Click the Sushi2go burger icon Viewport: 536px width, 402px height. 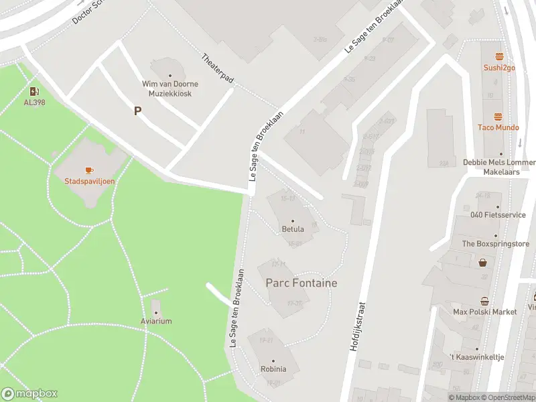pyautogui.click(x=498, y=56)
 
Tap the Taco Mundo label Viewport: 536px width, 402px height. pyautogui.click(x=498, y=127)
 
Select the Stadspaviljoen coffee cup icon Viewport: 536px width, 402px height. pyautogui.click(x=89, y=170)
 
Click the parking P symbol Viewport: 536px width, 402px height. pyautogui.click(x=138, y=111)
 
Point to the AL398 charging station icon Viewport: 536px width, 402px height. pyautogui.click(x=34, y=91)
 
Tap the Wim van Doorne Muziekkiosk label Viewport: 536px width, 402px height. pyautogui.click(x=167, y=88)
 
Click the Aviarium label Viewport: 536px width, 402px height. pyautogui.click(x=156, y=321)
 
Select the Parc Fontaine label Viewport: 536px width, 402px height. pyautogui.click(x=301, y=283)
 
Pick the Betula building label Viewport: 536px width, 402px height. pyautogui.click(x=293, y=228)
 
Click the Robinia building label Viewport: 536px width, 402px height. pyautogui.click(x=273, y=368)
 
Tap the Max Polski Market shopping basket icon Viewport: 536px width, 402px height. pyautogui.click(x=484, y=301)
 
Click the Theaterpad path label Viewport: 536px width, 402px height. pyautogui.click(x=218, y=69)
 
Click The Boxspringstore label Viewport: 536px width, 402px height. pyautogui.click(x=496, y=244)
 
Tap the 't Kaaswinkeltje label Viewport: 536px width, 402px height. pyautogui.click(x=476, y=357)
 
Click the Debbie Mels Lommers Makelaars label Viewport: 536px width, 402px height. pyautogui.click(x=500, y=167)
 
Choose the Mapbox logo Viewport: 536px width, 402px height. pyautogui.click(x=30, y=393)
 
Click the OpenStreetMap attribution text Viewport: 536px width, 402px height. pyautogui.click(x=509, y=397)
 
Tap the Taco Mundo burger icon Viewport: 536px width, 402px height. pyautogui.click(x=498, y=117)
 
